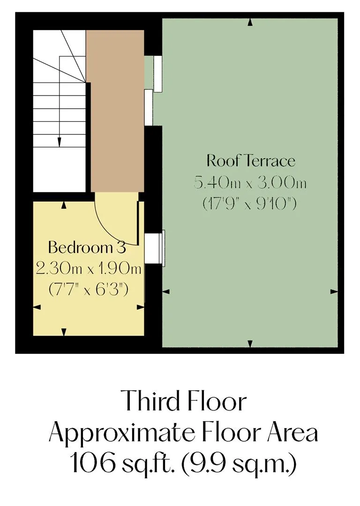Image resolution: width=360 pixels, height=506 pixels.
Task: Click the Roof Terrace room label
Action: click(251, 161)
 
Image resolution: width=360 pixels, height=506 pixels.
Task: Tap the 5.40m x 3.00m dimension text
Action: click(250, 183)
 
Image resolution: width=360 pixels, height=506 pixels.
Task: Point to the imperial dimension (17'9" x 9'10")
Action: click(249, 204)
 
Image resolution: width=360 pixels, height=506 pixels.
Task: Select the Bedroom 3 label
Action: click(87, 247)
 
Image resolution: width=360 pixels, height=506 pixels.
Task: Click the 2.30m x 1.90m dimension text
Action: click(89, 268)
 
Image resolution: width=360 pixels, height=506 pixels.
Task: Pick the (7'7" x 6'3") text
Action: click(89, 289)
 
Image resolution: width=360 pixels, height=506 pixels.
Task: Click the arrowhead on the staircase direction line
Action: click(60, 142)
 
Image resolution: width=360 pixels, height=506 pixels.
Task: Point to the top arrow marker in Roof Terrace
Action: click(250, 22)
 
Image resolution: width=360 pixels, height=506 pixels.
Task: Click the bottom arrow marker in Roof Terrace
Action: click(250, 344)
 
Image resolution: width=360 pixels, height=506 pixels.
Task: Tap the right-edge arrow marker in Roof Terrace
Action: click(334, 292)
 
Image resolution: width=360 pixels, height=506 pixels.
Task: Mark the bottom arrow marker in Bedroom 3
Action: click(64, 332)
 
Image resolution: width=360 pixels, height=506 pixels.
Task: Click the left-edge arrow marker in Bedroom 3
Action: click(37, 307)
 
